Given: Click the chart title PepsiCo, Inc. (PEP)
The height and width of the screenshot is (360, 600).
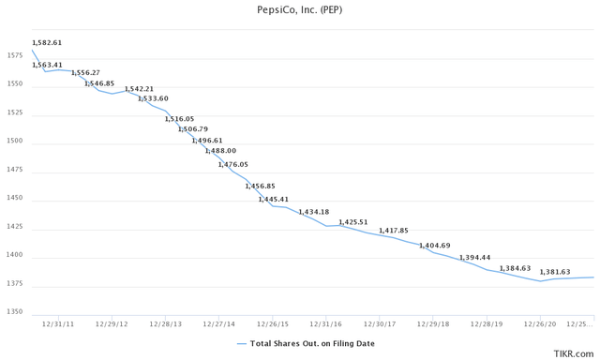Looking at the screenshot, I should [x=300, y=11].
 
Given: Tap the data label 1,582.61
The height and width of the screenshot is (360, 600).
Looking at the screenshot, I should [x=47, y=43].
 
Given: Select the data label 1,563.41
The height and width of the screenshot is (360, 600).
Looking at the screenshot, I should [x=47, y=65].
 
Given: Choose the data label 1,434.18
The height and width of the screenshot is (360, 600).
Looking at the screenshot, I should [x=314, y=212].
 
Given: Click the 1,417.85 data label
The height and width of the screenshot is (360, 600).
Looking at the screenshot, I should [x=395, y=230].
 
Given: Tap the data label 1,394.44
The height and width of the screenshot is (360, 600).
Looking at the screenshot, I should [x=474, y=257].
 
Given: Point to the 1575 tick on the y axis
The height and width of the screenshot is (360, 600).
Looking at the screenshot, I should [x=15, y=57].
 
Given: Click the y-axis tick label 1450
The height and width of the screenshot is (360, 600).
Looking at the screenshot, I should [x=15, y=200].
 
